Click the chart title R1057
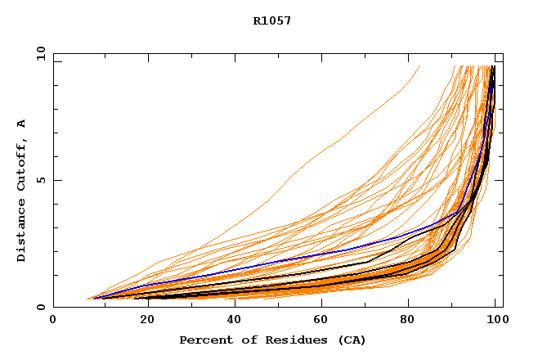coord(272,20)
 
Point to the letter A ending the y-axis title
coord(21,124)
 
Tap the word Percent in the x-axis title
coord(205,340)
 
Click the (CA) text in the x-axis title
coord(350,340)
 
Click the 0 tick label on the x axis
coord(53,321)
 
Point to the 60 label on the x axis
coord(324,321)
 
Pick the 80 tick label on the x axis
coord(413,321)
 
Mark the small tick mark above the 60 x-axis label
coord(325,304)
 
